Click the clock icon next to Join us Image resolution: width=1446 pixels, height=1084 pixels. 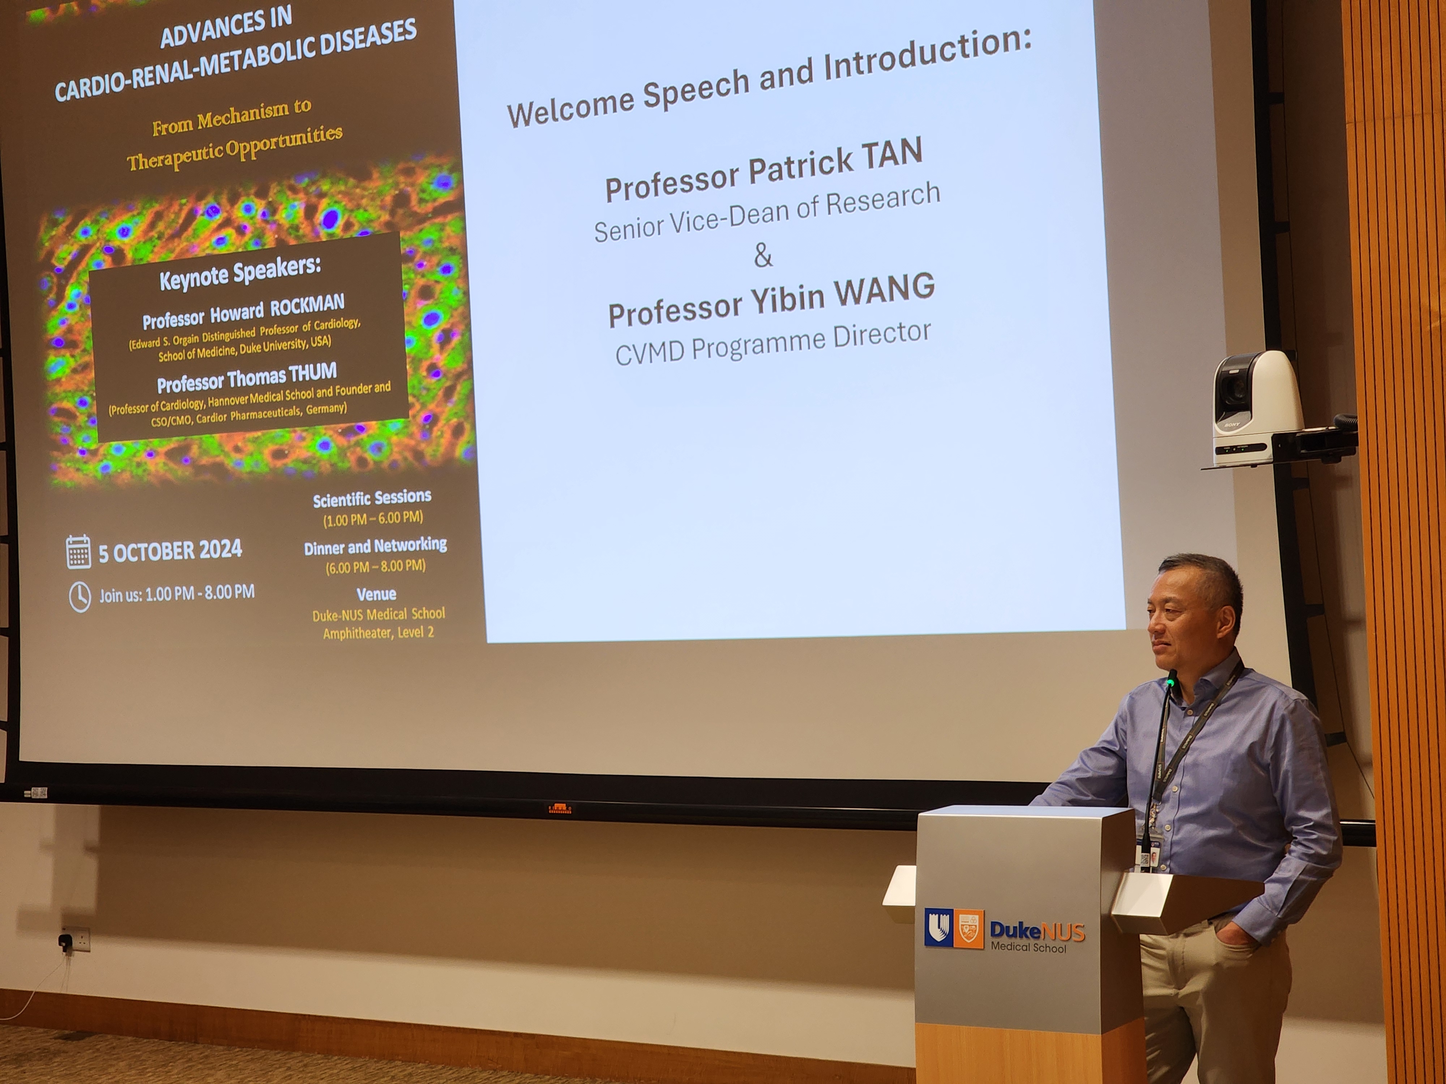click(x=80, y=597)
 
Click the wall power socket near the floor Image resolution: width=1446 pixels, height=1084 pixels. click(x=74, y=939)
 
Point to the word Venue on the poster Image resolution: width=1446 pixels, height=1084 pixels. click(x=377, y=594)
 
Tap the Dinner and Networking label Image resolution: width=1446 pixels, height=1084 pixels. click(x=375, y=546)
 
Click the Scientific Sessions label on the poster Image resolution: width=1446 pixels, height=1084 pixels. click(x=372, y=499)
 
